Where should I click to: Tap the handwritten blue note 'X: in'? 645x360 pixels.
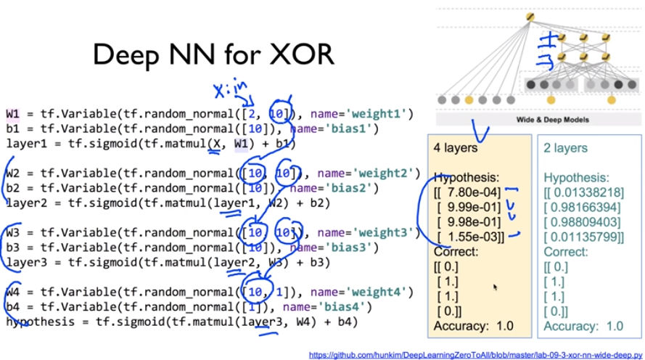coord(231,90)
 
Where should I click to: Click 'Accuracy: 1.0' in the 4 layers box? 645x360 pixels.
coord(473,327)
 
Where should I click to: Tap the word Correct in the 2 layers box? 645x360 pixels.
coord(567,252)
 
